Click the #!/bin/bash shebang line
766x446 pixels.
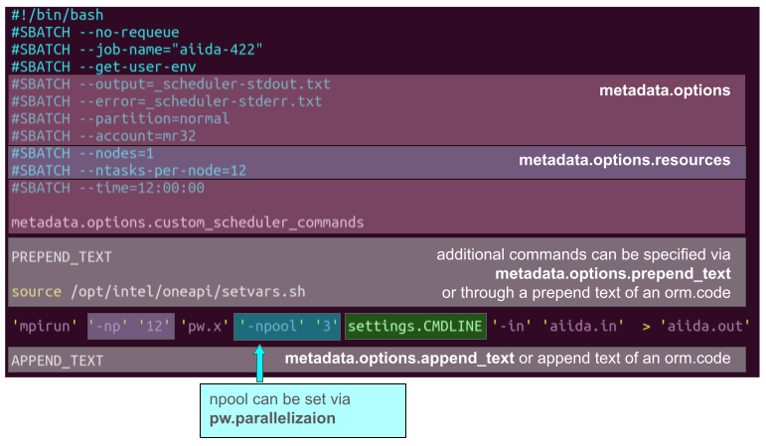coord(57,16)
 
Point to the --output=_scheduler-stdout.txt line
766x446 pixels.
coord(170,84)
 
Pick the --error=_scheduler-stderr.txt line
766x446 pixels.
coord(166,101)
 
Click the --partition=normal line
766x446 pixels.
coord(120,118)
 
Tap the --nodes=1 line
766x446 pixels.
coord(82,154)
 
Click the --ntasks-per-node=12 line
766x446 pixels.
coord(128,171)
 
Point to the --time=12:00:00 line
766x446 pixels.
coord(107,188)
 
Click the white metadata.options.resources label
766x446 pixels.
coord(624,160)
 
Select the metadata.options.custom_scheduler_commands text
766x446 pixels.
coord(188,222)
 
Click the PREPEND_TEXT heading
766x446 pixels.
coord(62,257)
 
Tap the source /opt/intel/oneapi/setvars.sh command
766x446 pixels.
coord(157,292)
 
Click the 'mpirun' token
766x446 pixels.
coord(45,325)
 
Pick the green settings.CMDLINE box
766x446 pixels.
coord(415,325)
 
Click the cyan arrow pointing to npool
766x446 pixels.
coord(261,363)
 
